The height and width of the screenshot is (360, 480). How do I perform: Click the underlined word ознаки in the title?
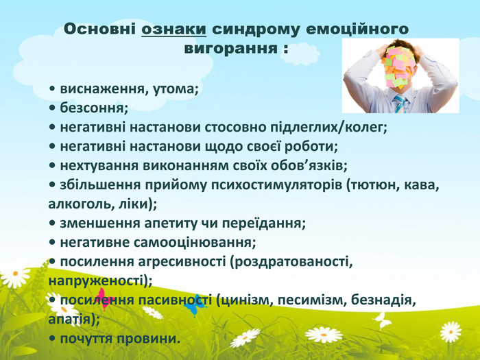coord(173,29)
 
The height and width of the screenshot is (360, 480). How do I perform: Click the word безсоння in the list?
coord(92,108)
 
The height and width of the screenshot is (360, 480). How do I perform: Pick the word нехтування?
coord(99,166)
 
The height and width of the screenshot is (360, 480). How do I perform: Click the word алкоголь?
coord(81,204)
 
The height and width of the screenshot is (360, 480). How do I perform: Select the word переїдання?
coord(262,224)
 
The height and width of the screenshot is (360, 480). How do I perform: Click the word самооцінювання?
coord(193,243)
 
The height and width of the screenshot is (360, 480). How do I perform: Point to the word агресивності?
coord(182,262)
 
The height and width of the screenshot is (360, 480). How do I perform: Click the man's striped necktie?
coord(400,104)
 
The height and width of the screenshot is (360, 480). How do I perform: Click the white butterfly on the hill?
coord(383,320)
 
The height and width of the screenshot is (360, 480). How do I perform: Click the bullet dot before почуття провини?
coord(52,339)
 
